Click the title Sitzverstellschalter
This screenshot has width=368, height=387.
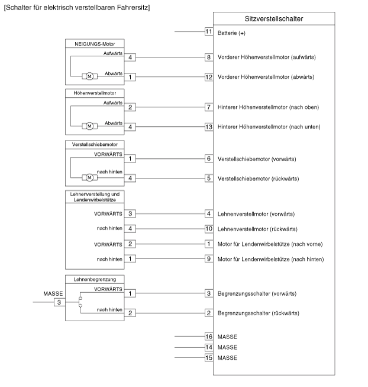(x=274, y=19)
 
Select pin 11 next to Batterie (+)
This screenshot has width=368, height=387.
(x=209, y=31)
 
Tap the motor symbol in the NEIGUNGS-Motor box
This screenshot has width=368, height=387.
(x=89, y=76)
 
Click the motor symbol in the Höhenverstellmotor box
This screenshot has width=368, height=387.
(x=89, y=126)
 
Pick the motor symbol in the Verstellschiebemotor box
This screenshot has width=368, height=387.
(x=89, y=177)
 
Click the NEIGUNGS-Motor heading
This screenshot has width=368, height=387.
(x=95, y=44)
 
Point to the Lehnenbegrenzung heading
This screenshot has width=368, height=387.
(x=95, y=279)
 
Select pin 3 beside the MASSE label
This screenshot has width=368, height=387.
(x=59, y=302)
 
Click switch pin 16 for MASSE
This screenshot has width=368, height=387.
(x=209, y=337)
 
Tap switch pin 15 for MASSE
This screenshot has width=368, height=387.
(x=209, y=357)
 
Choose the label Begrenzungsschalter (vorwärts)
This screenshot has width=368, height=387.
(x=257, y=294)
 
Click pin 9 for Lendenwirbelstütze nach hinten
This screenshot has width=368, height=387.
(x=209, y=258)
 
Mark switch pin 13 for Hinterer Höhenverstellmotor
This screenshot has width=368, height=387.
(x=209, y=127)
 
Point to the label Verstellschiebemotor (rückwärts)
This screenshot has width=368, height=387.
(x=258, y=179)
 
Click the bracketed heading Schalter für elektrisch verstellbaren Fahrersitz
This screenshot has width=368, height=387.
(x=77, y=7)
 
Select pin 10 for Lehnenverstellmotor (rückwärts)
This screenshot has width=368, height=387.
(x=209, y=229)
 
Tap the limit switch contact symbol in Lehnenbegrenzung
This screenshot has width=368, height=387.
(x=80, y=302)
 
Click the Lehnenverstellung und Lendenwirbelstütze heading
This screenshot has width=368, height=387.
(x=95, y=197)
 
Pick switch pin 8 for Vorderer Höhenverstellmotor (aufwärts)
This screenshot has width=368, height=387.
(x=209, y=57)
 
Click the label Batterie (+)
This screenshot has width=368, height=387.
(x=231, y=33)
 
